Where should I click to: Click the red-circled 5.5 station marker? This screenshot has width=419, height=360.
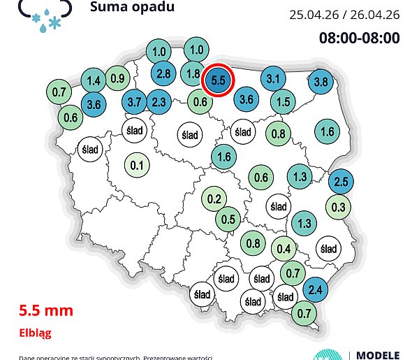click(x=218, y=80)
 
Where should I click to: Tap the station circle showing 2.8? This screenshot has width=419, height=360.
click(x=165, y=73)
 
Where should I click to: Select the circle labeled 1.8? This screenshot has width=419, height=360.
click(x=193, y=73)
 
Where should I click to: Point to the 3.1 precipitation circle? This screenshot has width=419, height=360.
click(x=274, y=78)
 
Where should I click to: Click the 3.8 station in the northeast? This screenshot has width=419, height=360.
click(x=321, y=82)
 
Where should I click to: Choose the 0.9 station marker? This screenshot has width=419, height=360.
click(x=117, y=78)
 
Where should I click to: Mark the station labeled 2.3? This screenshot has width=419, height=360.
click(x=159, y=102)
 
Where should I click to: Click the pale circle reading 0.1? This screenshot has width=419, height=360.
click(x=137, y=165)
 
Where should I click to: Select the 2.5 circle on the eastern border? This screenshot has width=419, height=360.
click(x=341, y=182)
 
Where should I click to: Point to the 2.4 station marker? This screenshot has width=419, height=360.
click(x=316, y=289)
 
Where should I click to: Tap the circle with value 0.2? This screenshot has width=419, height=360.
click(x=214, y=199)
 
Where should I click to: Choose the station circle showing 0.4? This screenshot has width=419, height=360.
click(x=284, y=248)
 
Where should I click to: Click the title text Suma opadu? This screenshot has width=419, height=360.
click(x=132, y=8)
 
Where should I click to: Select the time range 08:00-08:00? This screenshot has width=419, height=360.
click(x=359, y=38)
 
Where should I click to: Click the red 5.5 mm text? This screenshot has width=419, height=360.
click(x=46, y=309)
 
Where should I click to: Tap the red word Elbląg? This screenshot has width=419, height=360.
click(x=35, y=333)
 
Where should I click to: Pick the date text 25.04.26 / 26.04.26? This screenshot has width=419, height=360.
click(x=344, y=15)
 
